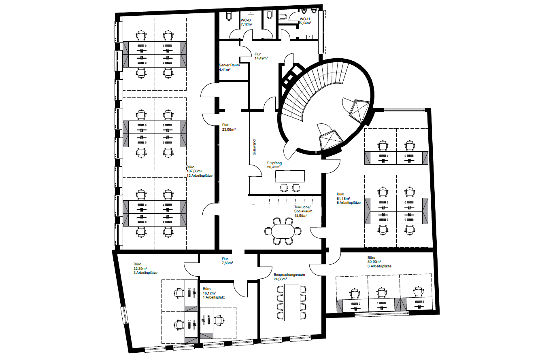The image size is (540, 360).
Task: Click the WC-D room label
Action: (x=246, y=22)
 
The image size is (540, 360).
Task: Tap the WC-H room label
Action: (x=305, y=21)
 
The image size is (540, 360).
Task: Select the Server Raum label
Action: (x=230, y=67)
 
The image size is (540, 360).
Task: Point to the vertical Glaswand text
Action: (x=254, y=148)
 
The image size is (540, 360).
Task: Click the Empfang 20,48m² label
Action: (x=274, y=165)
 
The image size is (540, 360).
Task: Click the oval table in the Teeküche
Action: (x=283, y=231)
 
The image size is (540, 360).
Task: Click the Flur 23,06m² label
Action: (x=229, y=127)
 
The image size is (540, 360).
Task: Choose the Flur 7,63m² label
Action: (x=227, y=261)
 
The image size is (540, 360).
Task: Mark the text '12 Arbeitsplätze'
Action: (x=199, y=175)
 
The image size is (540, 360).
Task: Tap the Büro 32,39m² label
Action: (x=145, y=268)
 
